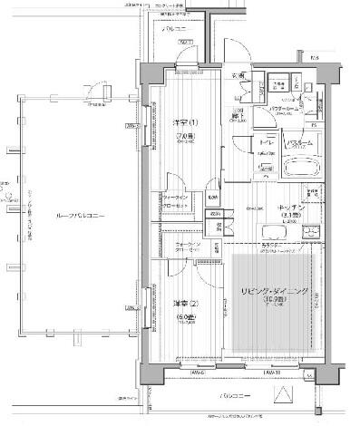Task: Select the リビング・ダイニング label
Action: coord(274,291)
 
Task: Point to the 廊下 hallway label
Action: coord(236,116)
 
